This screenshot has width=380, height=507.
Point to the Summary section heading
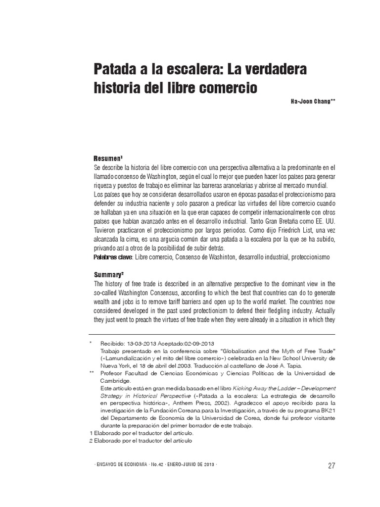(x=108, y=274)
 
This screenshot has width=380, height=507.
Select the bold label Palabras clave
(x=113, y=258)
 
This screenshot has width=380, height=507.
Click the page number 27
(x=332, y=465)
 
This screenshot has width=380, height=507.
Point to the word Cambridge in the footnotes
(x=116, y=381)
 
